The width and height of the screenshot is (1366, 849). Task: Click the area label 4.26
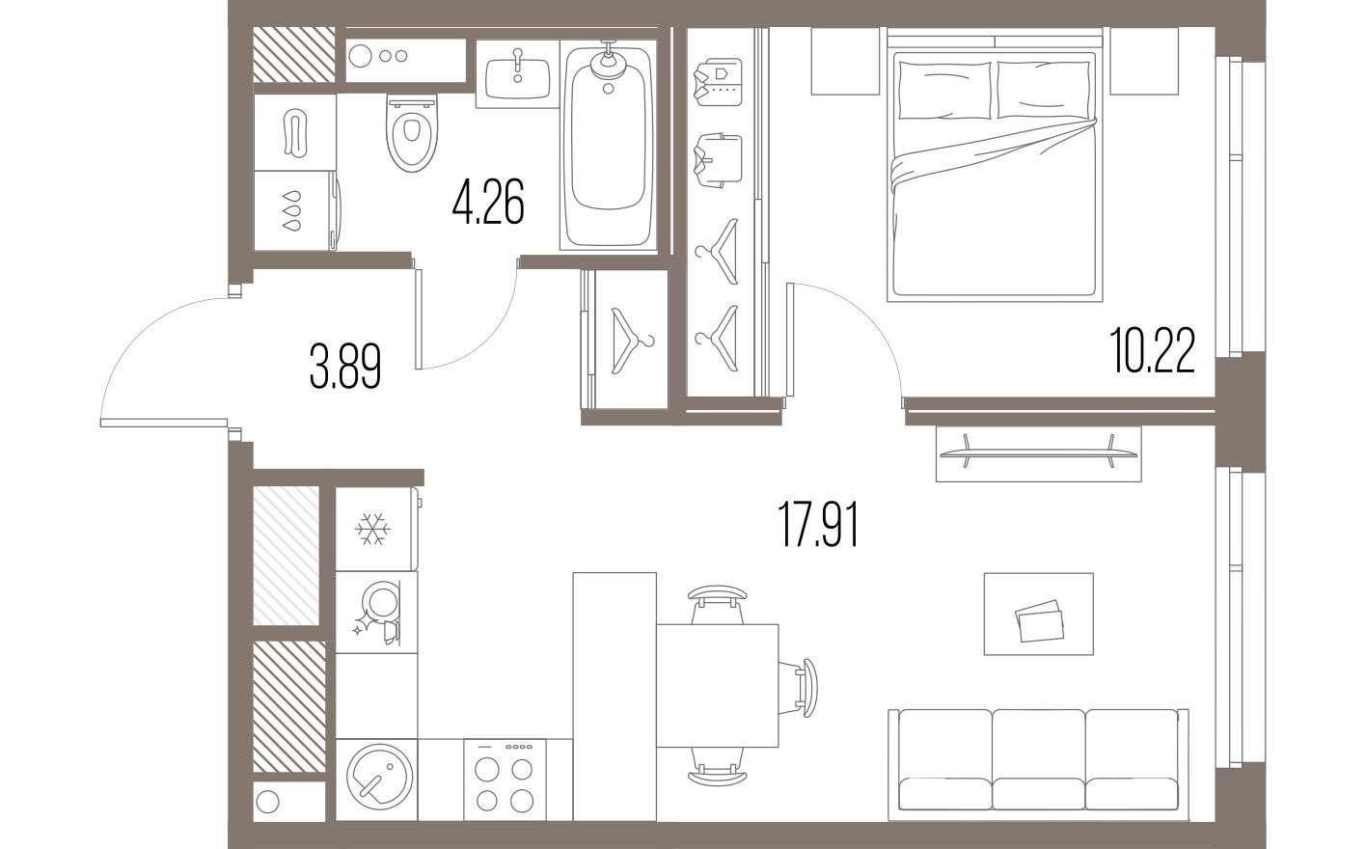[x=488, y=205]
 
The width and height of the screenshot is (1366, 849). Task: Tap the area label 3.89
[x=345, y=368]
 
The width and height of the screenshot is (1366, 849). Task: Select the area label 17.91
[x=818, y=527]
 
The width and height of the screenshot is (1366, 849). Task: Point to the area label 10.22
[x=1153, y=352]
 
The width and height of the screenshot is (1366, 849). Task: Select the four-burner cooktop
[x=505, y=783]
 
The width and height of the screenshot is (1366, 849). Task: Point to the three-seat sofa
[x=1038, y=760]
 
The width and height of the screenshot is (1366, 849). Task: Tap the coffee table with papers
[x=1038, y=614]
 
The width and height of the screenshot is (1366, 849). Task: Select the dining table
[x=717, y=686]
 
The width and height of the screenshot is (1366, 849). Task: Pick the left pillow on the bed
[x=944, y=90]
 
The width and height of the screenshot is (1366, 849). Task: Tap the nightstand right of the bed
[x=1144, y=61]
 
